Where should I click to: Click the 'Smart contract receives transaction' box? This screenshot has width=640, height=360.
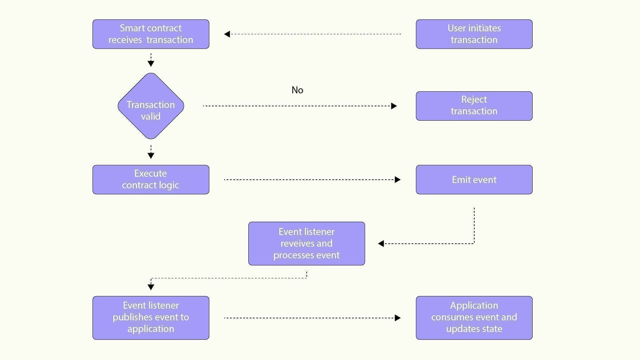151,34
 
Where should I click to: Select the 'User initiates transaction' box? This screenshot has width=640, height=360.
474,34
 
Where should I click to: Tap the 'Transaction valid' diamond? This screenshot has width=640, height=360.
151,106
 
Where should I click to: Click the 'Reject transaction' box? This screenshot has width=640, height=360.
474,106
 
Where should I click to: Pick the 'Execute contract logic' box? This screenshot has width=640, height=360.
151,179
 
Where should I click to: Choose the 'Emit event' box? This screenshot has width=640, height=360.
474,179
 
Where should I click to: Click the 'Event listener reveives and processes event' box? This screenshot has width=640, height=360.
306,243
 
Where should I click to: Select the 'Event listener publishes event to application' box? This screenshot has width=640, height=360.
151,318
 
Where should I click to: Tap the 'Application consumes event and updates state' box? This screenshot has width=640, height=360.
474,318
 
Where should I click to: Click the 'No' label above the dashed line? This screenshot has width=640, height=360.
297,90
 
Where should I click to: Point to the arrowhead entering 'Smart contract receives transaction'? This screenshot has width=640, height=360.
227,34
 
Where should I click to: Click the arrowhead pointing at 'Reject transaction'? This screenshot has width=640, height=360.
394,106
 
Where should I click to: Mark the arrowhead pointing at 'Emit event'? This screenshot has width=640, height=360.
397,180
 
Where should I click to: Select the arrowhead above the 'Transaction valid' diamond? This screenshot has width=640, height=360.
151,64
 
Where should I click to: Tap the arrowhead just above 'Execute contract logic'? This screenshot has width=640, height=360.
151,155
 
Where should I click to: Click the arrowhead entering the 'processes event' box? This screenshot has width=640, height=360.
381,244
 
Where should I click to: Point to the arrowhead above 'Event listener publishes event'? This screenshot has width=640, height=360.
151,287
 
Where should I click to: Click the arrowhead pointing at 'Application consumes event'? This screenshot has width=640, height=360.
397,318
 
